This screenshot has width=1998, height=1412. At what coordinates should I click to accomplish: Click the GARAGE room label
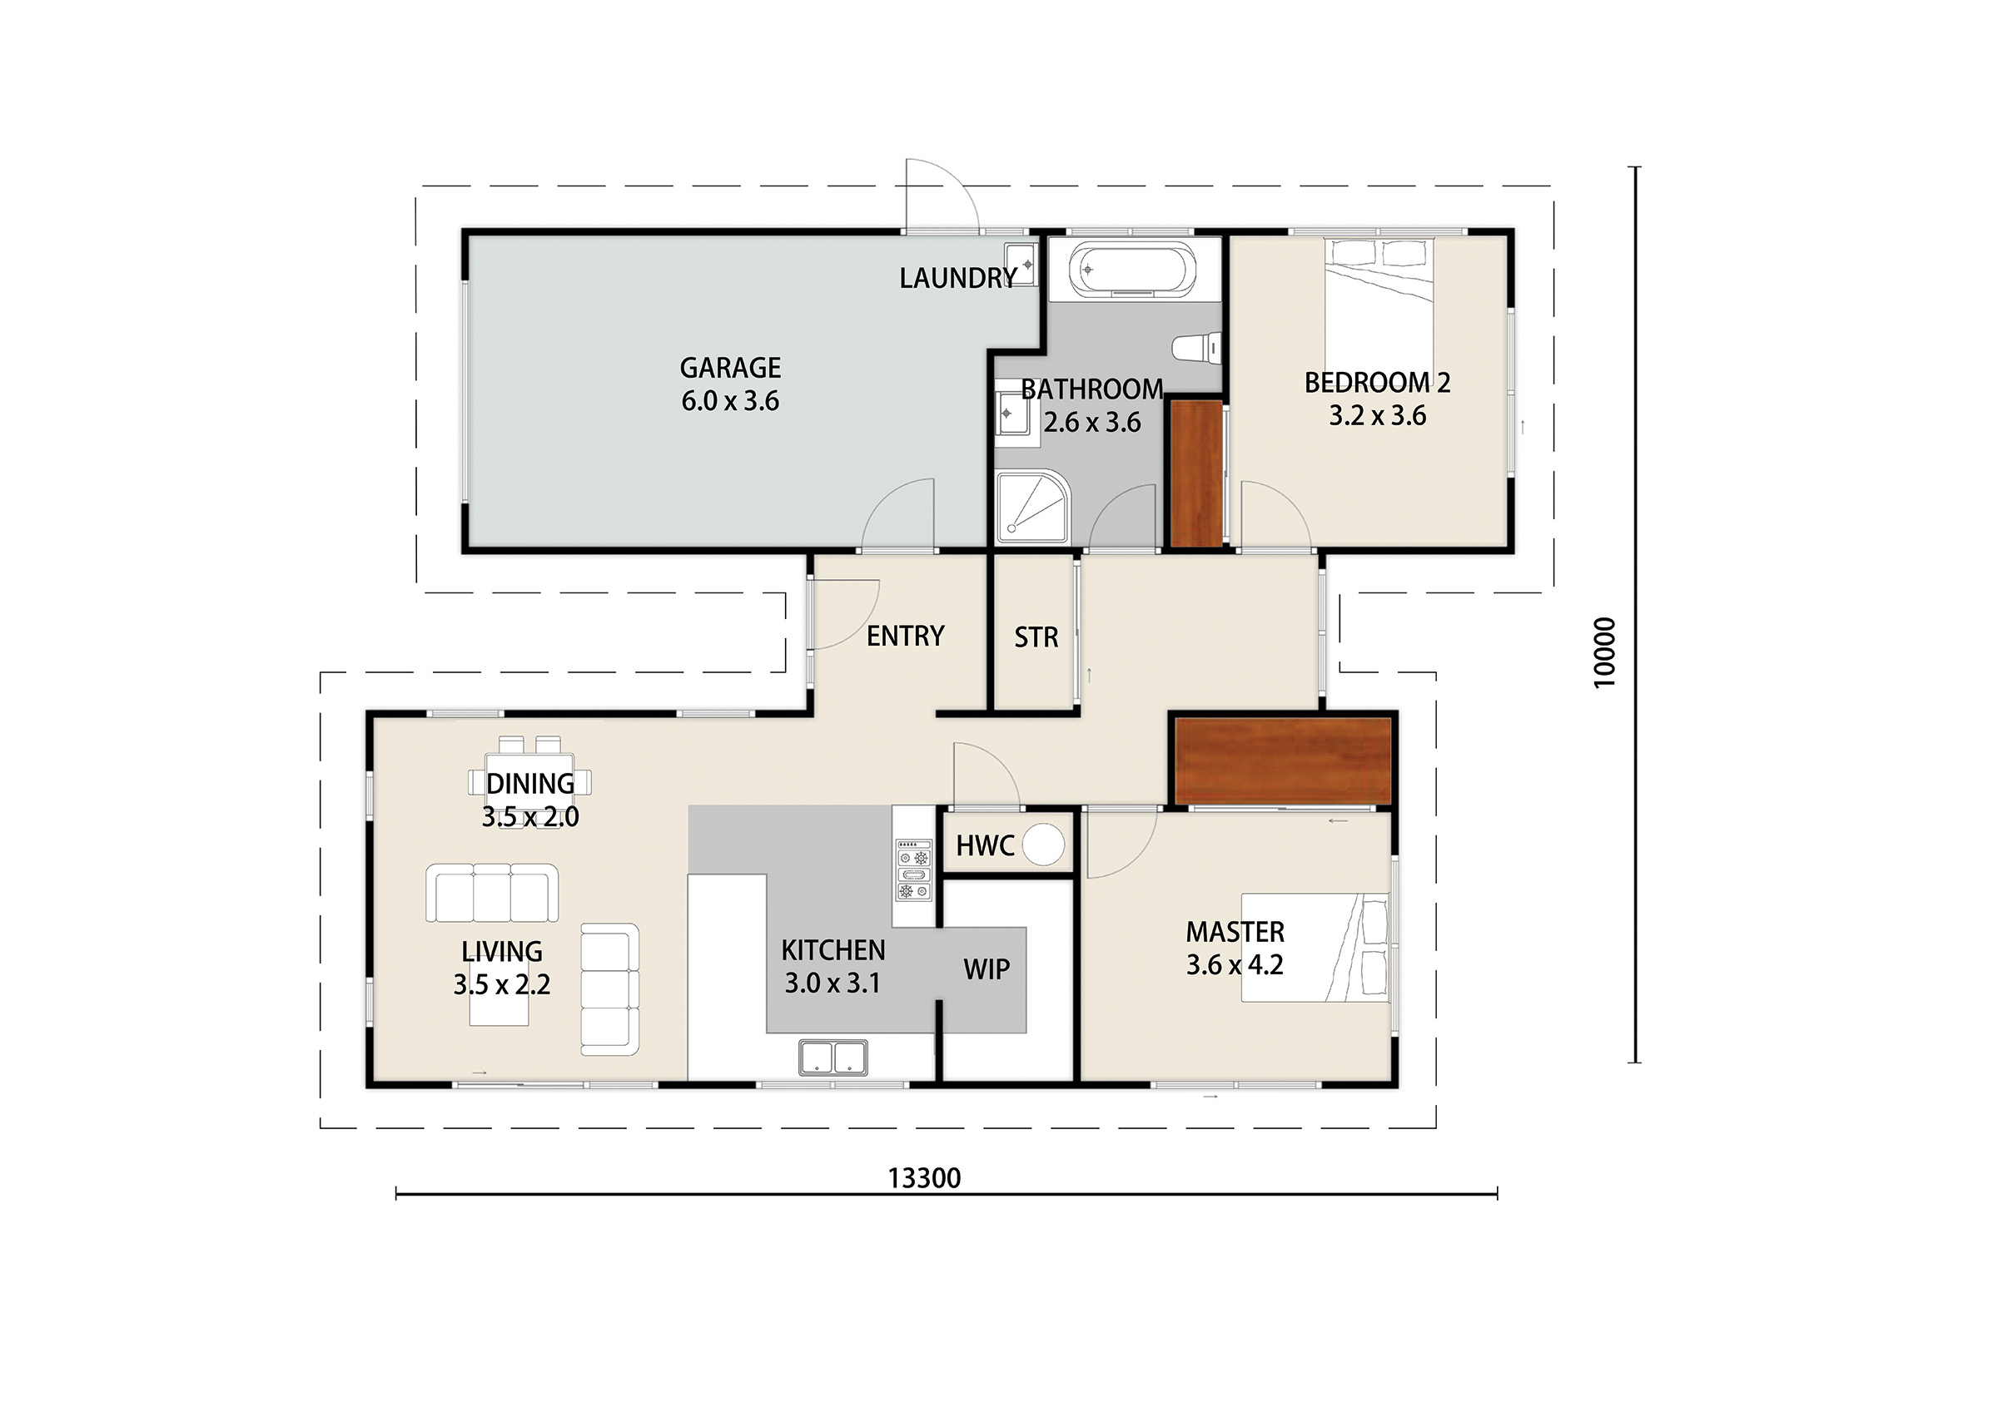coord(730,368)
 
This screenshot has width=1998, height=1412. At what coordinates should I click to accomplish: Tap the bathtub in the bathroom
coord(1133,270)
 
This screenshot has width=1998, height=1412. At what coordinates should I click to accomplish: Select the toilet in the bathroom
coord(1196,349)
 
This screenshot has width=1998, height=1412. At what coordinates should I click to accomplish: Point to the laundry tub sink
coord(1021,264)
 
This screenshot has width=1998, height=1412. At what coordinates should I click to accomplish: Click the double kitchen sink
coord(832,1058)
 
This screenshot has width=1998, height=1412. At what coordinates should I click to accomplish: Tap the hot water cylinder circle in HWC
coord(1042,845)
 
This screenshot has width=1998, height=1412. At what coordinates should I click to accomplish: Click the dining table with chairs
coord(529,782)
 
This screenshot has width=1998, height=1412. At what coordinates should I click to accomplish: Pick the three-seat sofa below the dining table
coord(492,893)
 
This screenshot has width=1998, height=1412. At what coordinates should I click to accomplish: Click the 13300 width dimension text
coord(924,1178)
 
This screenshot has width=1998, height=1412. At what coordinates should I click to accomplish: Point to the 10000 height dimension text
coord(1603,652)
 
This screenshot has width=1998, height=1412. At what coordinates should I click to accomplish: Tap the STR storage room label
coord(1036,637)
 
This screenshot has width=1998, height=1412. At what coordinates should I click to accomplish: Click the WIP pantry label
coord(987,969)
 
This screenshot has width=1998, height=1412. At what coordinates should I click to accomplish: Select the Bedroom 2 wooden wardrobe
coord(1197,473)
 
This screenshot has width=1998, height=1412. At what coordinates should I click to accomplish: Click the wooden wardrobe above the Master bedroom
coord(1283,762)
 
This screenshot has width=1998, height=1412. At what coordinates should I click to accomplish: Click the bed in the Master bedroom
coord(1315,948)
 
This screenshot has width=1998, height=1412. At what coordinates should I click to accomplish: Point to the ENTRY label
coord(906,636)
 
